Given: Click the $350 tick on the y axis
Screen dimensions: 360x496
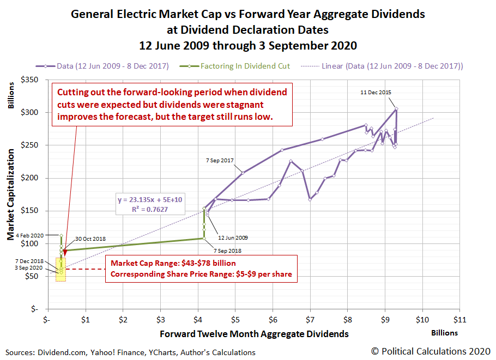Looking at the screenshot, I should coord(28,80).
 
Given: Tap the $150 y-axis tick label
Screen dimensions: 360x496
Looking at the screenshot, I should coord(28,211).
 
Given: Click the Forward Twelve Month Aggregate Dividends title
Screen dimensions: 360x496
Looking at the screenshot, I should coord(254,333).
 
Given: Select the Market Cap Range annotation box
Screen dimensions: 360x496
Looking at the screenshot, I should coord(201,269).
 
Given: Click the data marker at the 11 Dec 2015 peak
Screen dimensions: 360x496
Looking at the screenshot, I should coord(396,109).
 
